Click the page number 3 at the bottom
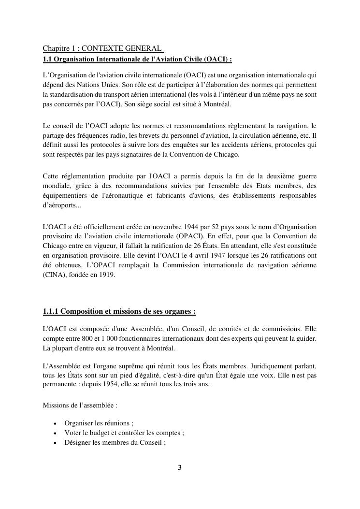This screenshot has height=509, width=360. [x=180, y=467]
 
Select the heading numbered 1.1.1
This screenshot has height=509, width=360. [x=119, y=311]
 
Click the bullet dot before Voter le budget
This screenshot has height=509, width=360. [x=55, y=433]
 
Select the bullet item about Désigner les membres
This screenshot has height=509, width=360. [x=115, y=442]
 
